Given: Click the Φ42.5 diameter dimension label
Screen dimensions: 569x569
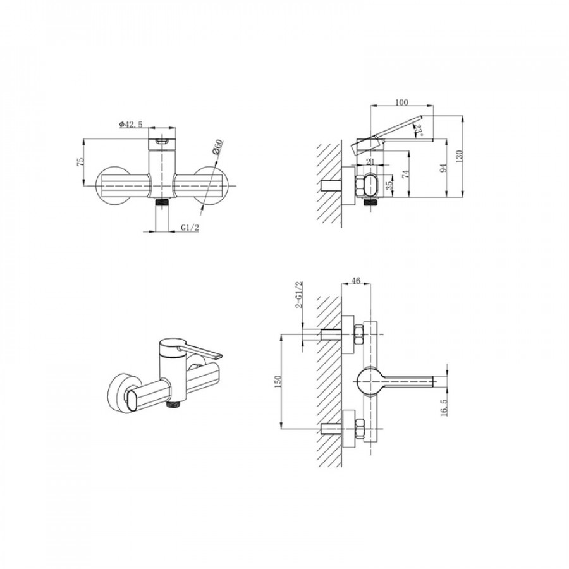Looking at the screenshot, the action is click(x=131, y=124).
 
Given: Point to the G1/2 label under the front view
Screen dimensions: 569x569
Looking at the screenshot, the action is click(x=190, y=228).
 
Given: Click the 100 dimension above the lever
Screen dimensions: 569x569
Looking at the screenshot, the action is click(x=401, y=102).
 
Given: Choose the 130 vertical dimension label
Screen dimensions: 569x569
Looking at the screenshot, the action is click(x=460, y=156).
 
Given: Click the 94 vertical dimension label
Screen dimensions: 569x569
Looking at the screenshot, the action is click(x=443, y=168).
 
